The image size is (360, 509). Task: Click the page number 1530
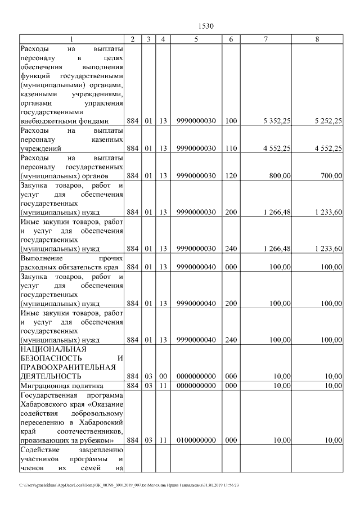click(206, 26)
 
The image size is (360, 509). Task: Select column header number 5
click(196, 39)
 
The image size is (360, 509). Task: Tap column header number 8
click(318, 39)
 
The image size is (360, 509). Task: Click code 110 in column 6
click(231, 148)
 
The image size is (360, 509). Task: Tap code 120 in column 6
click(231, 176)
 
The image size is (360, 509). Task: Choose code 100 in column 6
click(231, 121)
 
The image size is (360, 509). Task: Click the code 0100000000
click(196, 440)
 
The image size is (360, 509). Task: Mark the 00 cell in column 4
click(163, 376)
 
